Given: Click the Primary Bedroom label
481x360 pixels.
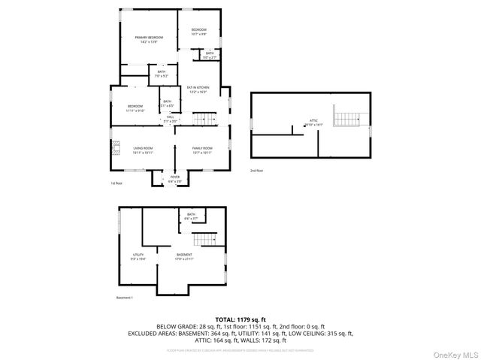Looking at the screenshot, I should [149, 39].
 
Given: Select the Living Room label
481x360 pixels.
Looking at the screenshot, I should [143, 150].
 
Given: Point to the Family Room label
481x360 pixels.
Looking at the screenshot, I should [202, 150].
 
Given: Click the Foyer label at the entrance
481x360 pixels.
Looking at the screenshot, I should [174, 179].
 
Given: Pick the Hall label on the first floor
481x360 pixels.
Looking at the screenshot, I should [171, 119].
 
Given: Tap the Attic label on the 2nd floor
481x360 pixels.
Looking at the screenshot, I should [314, 121].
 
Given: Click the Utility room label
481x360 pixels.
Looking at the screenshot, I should [138, 256].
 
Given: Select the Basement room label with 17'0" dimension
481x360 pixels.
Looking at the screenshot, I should [185, 256].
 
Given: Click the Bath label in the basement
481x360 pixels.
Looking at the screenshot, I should [191, 216].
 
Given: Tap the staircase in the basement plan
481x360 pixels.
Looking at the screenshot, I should [205, 239].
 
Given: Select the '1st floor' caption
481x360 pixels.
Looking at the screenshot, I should [116, 183].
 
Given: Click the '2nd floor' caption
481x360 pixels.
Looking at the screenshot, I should [257, 171].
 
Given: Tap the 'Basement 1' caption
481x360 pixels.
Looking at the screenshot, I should [125, 298].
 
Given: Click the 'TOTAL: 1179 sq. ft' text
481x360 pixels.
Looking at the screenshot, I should [240, 319].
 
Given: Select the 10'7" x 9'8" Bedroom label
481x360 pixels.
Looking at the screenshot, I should [198, 32].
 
